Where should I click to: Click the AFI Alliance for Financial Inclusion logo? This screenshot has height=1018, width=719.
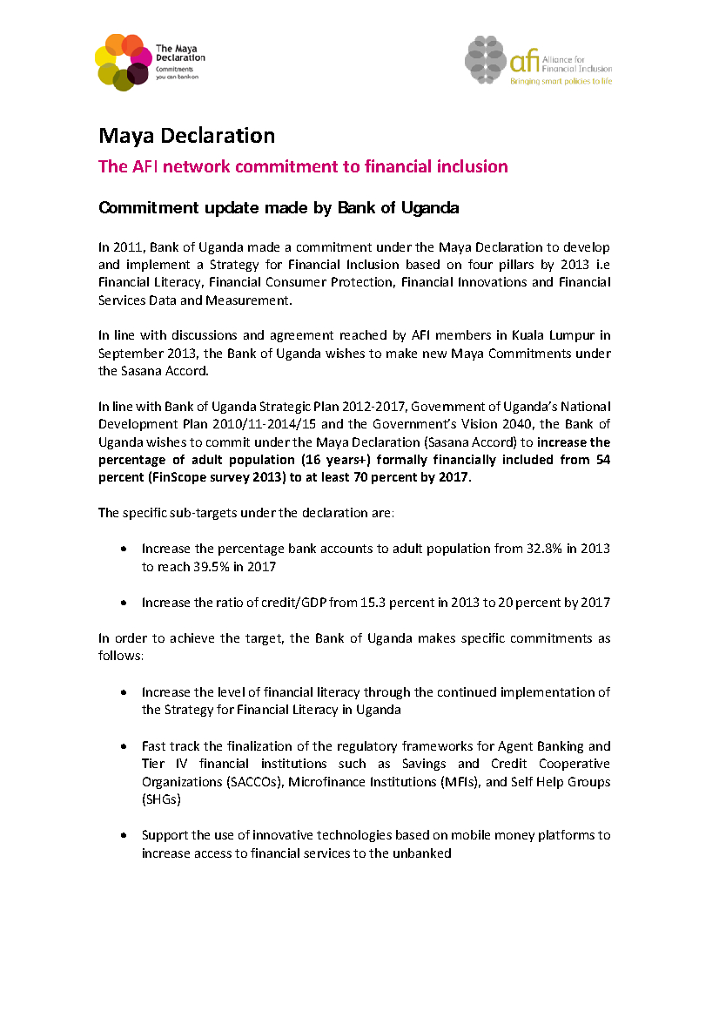[x=538, y=60]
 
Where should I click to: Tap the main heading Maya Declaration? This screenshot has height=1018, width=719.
[x=186, y=136]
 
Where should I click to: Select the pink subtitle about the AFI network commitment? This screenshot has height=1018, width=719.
[x=303, y=166]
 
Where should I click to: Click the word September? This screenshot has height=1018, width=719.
[x=129, y=353]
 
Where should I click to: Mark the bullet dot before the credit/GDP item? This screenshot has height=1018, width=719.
[x=124, y=603]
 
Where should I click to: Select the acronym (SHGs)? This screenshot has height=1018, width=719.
[x=161, y=799]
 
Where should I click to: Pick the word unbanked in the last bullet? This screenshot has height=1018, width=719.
[x=421, y=853]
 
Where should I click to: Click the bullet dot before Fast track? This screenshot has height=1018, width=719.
[x=124, y=746]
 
